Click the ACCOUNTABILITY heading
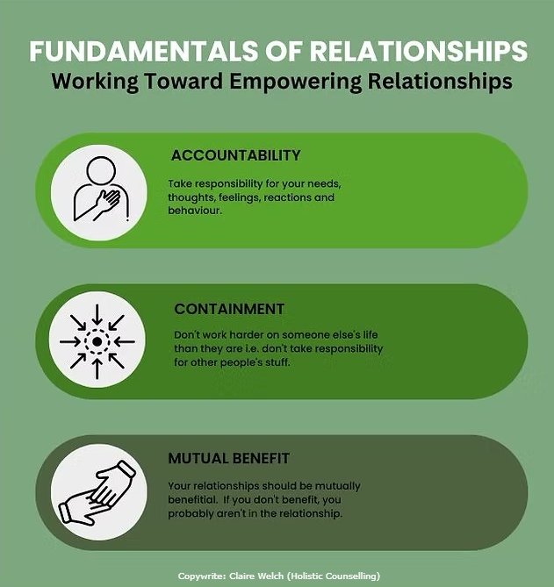236,156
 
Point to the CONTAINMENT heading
229,309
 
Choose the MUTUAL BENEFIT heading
229,459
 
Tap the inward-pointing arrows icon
97,340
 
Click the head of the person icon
98,170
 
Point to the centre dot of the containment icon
97,340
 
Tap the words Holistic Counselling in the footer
341,576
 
